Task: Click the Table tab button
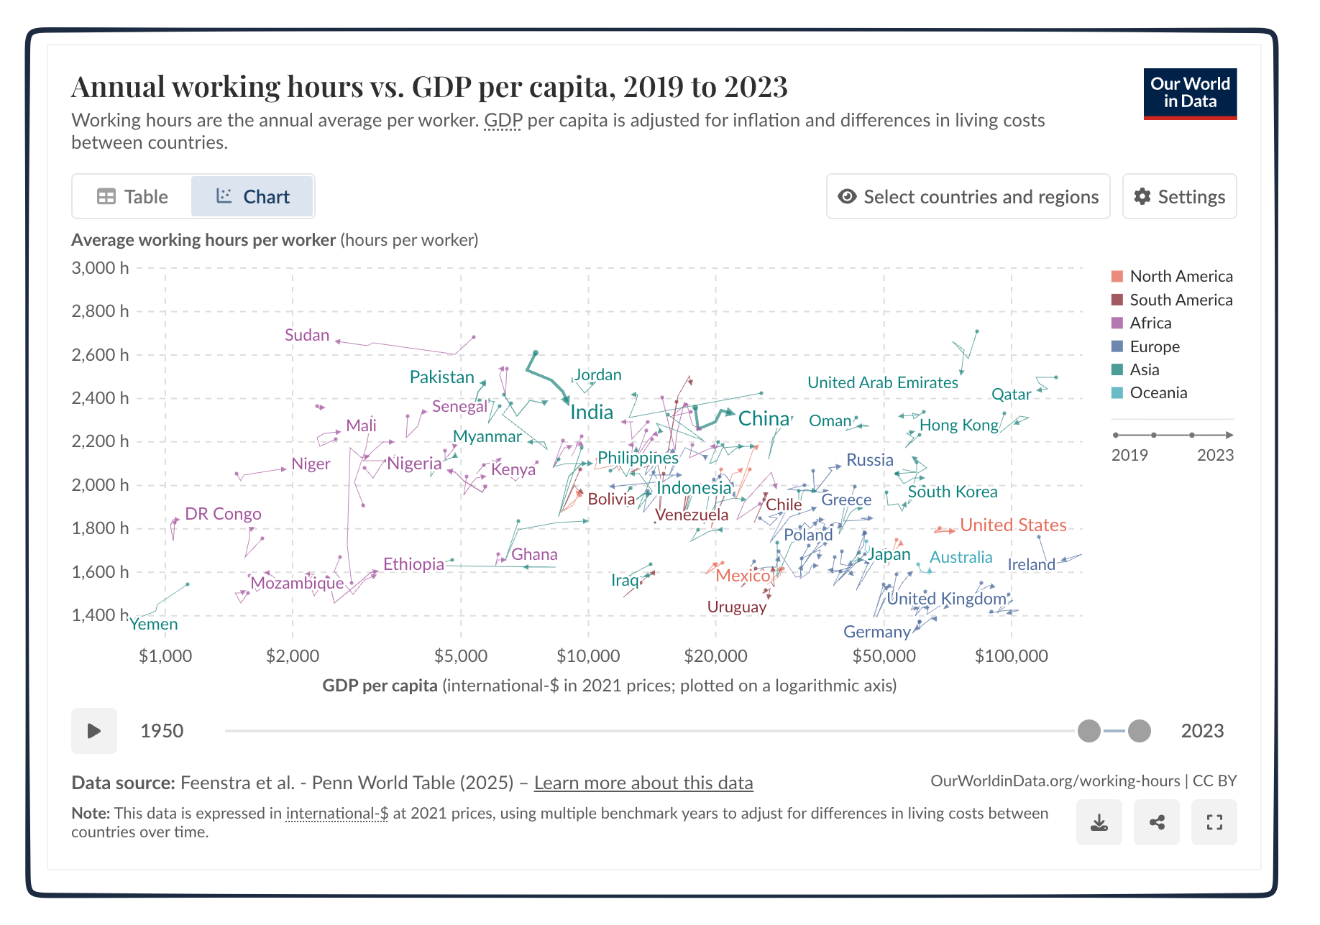(x=132, y=196)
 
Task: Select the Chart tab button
(x=252, y=196)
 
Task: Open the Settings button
(x=1179, y=196)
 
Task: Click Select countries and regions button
(x=968, y=196)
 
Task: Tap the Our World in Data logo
(x=1190, y=93)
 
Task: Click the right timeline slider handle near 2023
(x=1139, y=731)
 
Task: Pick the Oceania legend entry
(x=1158, y=392)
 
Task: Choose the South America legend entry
(x=1180, y=300)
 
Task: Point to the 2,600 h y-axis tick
(x=100, y=354)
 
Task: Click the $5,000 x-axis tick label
(x=461, y=655)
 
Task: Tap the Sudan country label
(x=307, y=335)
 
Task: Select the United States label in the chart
(x=1013, y=525)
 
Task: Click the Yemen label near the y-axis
(x=154, y=624)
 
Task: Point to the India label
(x=592, y=412)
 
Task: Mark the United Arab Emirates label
(x=882, y=382)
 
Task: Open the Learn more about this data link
(x=643, y=783)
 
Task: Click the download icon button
(x=1099, y=822)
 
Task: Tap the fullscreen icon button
(x=1214, y=822)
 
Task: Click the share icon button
(x=1156, y=822)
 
